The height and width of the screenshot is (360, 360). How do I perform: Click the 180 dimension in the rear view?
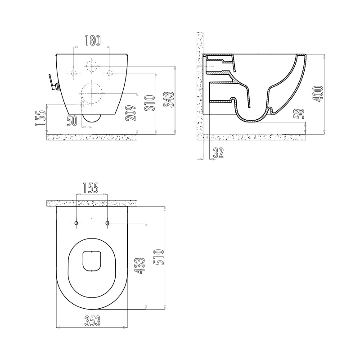point(93,40)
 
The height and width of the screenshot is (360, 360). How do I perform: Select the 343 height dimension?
point(169,99)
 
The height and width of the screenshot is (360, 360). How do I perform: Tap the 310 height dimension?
point(150,103)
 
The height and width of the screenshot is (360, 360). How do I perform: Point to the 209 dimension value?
point(131,113)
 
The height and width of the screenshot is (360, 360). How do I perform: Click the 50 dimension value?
point(72,121)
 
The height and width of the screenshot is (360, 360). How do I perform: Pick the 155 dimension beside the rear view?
point(40,118)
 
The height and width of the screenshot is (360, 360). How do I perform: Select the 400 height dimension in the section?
point(318,94)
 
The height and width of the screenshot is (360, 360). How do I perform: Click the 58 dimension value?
point(299,114)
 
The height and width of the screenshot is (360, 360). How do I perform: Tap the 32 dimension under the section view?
point(218,153)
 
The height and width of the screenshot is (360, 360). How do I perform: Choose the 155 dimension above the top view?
point(90,188)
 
